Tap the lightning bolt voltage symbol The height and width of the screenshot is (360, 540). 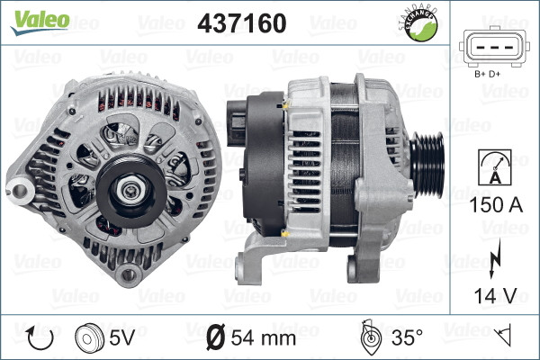[490, 261]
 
